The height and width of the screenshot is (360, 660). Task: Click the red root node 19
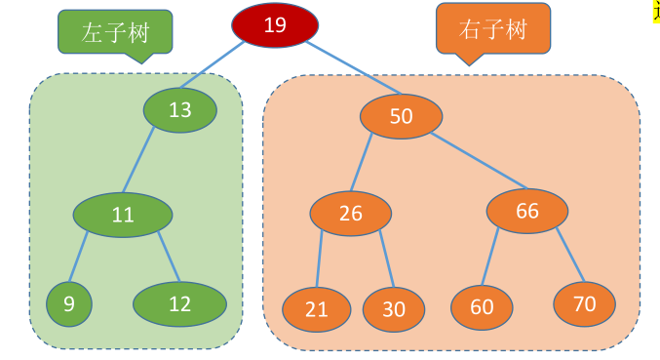275,25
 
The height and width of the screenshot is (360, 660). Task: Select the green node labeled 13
179,110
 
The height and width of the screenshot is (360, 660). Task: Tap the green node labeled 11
123,216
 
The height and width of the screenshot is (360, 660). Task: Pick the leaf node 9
69,303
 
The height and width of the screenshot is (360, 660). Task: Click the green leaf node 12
179,303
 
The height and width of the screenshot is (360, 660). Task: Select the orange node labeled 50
401,117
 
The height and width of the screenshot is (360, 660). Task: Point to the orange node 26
351,215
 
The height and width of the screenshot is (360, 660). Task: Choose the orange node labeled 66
526,212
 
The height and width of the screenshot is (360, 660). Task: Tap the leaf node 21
317,309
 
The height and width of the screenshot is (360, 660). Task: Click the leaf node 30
394,309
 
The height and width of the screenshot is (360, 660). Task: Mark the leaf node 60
482,307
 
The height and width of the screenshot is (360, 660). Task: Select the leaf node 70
584,304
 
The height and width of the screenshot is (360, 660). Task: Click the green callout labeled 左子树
114,32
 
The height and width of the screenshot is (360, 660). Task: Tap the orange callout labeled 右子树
491,29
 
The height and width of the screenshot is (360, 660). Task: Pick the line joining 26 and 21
320,260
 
